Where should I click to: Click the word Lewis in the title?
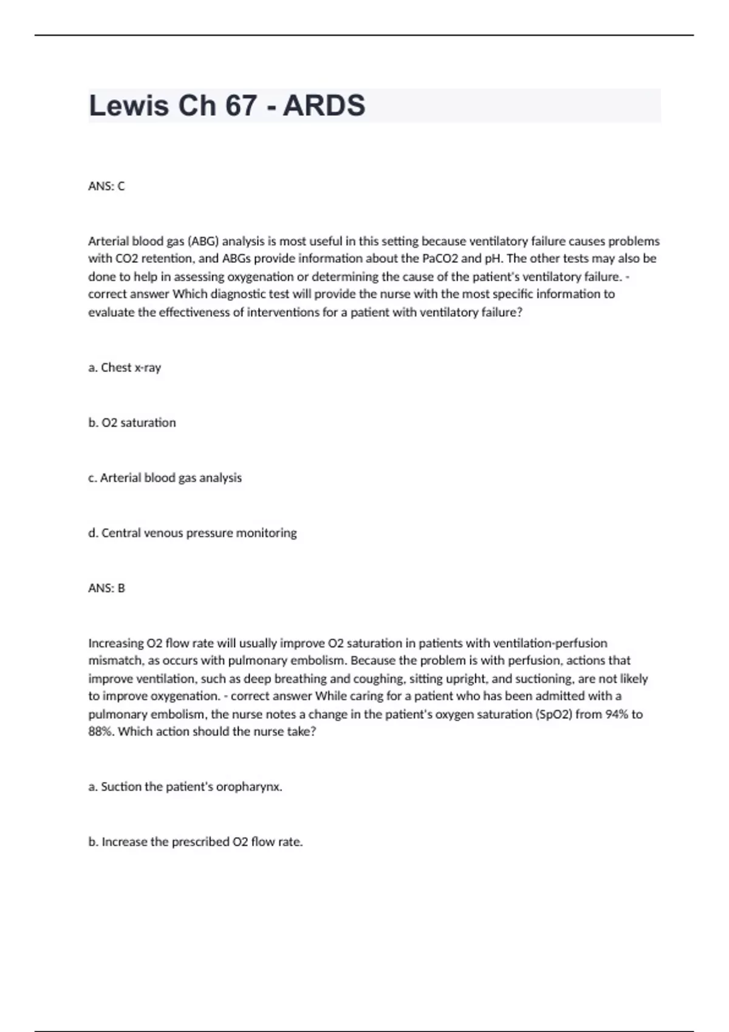(129, 106)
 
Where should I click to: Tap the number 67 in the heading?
(241, 106)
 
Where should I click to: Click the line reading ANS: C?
(106, 186)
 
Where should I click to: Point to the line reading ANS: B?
(106, 588)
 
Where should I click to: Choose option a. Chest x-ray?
(125, 368)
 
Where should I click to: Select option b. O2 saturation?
(132, 423)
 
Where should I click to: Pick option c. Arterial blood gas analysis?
(165, 478)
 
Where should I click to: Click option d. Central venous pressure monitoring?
(193, 533)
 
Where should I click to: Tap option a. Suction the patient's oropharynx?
(185, 787)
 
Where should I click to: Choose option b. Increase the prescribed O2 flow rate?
(196, 842)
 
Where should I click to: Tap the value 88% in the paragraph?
(101, 732)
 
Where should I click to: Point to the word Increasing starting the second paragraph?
(115, 643)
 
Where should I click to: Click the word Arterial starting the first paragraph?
(108, 241)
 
